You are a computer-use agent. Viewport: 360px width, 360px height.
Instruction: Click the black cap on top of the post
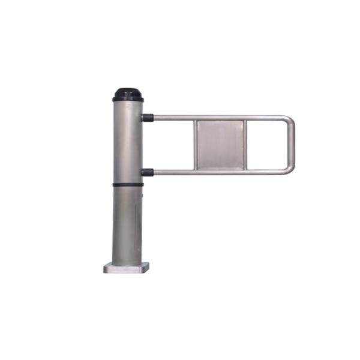tap(127, 94)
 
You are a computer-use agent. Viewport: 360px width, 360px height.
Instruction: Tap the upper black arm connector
tap(148, 118)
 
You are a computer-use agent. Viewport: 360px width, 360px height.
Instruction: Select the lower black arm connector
tap(148, 172)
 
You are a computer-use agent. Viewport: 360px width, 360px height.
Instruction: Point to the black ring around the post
tap(127, 184)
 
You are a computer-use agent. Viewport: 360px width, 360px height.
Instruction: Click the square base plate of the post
tap(127, 268)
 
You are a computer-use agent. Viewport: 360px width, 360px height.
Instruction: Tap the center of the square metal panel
tap(220, 145)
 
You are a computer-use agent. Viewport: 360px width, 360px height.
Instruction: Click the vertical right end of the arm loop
tap(292, 145)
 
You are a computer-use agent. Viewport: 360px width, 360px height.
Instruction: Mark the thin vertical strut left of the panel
tap(194, 145)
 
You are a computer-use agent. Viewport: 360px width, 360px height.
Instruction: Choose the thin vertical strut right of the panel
tap(245, 145)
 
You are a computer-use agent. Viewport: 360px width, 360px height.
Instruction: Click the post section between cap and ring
tap(127, 141)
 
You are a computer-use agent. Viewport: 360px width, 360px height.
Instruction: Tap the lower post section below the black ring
tap(127, 222)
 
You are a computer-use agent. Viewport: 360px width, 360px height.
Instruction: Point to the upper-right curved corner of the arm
tap(289, 120)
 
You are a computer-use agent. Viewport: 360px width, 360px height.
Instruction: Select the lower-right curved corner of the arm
tap(289, 170)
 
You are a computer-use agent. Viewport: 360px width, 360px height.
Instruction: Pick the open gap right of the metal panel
tap(267, 145)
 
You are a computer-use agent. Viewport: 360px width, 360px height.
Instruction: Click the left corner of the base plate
tap(106, 269)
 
